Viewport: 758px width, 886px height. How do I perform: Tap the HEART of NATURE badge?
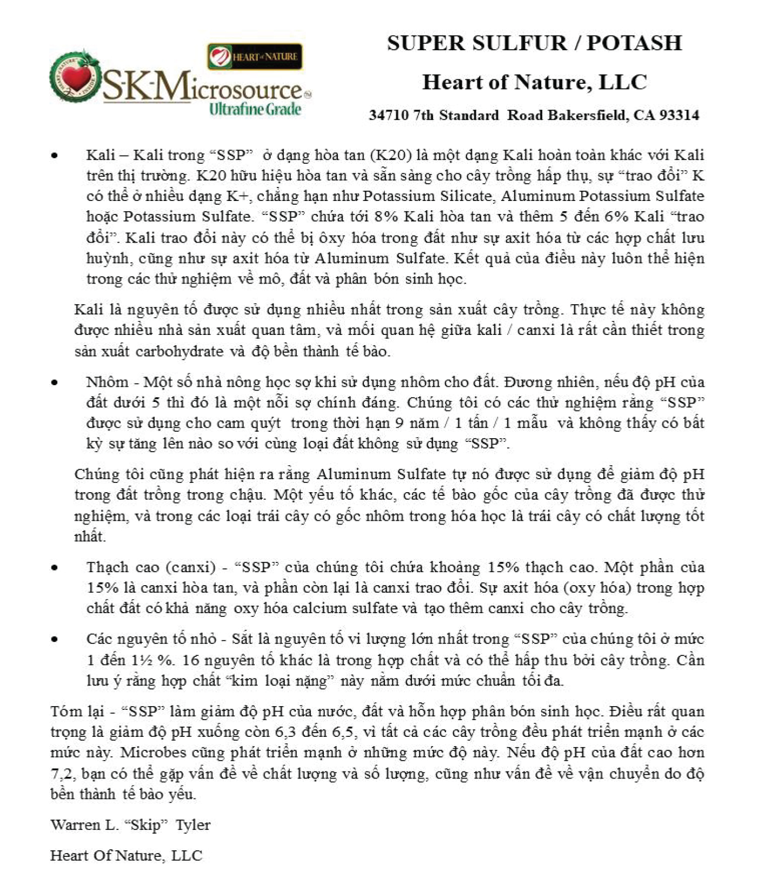[255, 57]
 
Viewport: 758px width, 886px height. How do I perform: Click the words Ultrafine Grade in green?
[255, 109]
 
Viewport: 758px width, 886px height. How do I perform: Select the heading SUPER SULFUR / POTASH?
[534, 43]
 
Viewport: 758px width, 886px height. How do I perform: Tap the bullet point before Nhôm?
[55, 382]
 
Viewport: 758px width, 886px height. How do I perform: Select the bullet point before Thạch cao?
[55, 568]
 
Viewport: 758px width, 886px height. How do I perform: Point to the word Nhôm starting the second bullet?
[107, 382]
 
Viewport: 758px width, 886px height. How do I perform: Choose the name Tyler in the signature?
[193, 825]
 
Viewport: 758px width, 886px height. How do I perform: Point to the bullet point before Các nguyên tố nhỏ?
[55, 640]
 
